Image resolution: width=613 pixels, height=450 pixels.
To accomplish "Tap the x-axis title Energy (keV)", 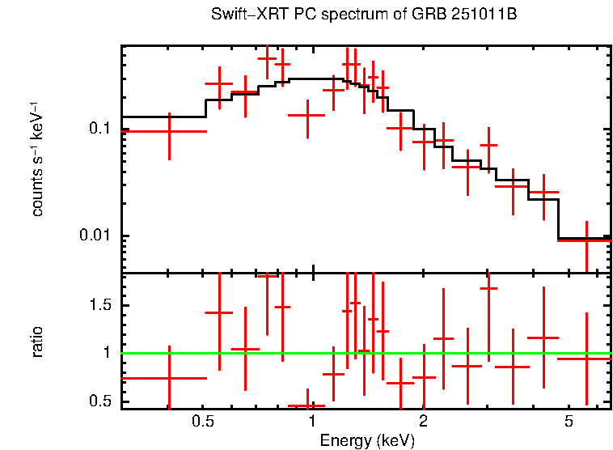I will click(367, 440).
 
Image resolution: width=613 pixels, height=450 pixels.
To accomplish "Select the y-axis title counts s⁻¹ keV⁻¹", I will click(37, 162).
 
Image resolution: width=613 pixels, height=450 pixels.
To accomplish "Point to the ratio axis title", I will click(37, 341).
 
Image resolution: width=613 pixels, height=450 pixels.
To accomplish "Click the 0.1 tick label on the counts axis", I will click(99, 129).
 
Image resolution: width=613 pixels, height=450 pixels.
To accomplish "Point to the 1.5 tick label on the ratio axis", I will click(100, 305).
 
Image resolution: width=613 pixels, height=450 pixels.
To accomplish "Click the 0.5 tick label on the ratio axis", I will click(100, 401).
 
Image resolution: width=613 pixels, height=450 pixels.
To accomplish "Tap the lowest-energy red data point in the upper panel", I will click(169, 131).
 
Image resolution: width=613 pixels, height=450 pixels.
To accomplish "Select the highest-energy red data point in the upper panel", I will click(586, 240).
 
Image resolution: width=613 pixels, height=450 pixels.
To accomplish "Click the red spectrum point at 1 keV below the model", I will click(307, 115).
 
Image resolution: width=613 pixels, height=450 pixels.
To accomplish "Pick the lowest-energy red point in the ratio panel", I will click(169, 378).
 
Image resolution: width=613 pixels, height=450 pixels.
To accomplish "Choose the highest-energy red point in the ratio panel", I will click(586, 358).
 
